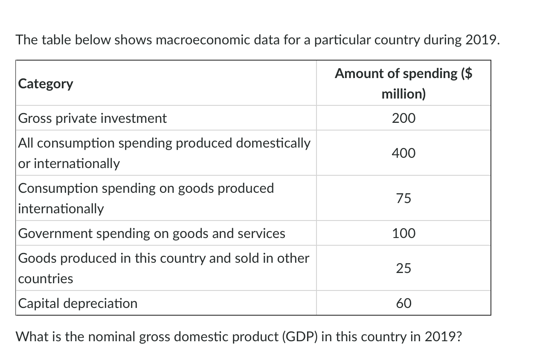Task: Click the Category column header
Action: [x=46, y=84]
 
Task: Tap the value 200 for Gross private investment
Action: [x=403, y=118]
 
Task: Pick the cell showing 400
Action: [x=403, y=153]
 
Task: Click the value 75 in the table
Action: [x=403, y=198]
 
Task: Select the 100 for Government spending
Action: [x=403, y=233]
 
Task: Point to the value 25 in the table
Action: [x=403, y=268]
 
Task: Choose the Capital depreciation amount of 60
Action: [x=403, y=303]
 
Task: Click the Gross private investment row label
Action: [x=92, y=118]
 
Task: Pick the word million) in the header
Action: [x=403, y=94]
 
